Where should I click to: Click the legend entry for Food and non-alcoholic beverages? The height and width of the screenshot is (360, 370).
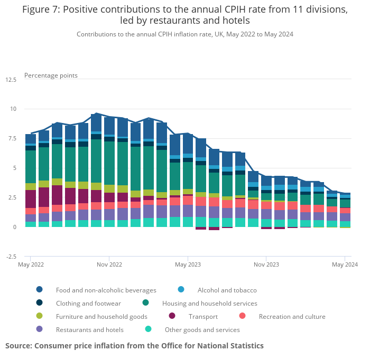(x=106, y=290)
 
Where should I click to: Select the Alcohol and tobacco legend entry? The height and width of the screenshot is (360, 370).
(x=227, y=290)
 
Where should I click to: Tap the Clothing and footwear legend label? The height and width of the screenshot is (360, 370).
(x=88, y=303)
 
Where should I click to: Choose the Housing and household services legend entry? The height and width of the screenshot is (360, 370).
(x=209, y=303)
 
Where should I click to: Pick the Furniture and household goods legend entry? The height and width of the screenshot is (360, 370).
(x=101, y=316)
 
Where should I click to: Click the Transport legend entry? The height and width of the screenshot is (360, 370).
(x=203, y=316)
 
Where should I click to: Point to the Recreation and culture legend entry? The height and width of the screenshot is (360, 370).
(x=292, y=316)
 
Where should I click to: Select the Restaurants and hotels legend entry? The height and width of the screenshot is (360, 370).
(x=89, y=329)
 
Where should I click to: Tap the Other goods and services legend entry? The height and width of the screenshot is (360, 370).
(x=202, y=329)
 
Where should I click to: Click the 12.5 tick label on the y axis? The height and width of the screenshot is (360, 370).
(x=11, y=80)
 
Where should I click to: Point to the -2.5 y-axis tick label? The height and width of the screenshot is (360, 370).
(x=11, y=257)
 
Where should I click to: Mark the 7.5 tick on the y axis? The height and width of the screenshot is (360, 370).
(x=12, y=138)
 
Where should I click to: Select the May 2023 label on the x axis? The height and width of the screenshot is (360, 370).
(x=188, y=264)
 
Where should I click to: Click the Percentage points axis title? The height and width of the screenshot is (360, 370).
(x=51, y=75)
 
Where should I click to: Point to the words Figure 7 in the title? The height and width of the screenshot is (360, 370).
(x=41, y=10)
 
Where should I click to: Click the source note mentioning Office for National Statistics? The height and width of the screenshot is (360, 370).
(x=134, y=346)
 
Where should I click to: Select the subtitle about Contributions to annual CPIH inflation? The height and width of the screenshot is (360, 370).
(x=184, y=34)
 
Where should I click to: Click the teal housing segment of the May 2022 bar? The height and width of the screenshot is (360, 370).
(x=31, y=167)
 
